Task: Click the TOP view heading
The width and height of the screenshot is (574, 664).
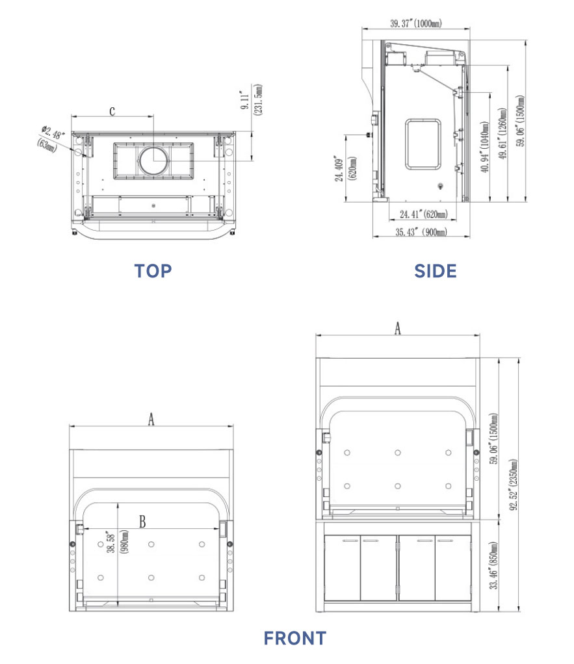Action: pyautogui.click(x=153, y=271)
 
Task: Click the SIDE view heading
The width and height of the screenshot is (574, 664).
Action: pyautogui.click(x=436, y=271)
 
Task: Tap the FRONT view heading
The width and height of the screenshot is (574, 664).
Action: pyautogui.click(x=295, y=638)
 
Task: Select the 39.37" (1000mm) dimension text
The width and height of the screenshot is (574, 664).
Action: pyautogui.click(x=416, y=23)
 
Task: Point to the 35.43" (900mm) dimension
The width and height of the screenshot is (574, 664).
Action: pyautogui.click(x=421, y=232)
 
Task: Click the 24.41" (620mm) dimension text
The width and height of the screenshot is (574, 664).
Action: pyautogui.click(x=423, y=214)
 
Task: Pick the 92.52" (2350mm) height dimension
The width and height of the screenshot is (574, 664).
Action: pyautogui.click(x=513, y=485)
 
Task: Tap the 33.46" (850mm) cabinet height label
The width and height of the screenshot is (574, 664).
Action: pyautogui.click(x=493, y=565)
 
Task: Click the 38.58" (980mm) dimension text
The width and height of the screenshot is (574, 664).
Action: pyautogui.click(x=117, y=542)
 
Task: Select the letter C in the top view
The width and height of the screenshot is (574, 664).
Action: pyautogui.click(x=112, y=111)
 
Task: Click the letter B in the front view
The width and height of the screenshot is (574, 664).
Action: pyautogui.click(x=142, y=522)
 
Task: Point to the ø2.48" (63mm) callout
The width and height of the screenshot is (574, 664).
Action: pyautogui.click(x=51, y=138)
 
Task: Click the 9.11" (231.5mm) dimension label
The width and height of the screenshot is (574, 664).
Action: pyautogui.click(x=252, y=100)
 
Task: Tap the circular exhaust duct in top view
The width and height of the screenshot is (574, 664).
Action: pyautogui.click(x=153, y=160)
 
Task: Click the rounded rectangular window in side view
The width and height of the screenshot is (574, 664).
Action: pyautogui.click(x=423, y=144)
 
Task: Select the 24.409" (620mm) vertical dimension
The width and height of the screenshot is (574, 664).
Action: pyautogui.click(x=345, y=168)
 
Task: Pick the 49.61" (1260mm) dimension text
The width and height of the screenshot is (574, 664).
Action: pyautogui.click(x=502, y=133)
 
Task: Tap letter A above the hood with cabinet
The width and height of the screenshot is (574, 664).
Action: pyautogui.click(x=397, y=328)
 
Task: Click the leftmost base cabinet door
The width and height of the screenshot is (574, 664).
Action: pyautogui.click(x=343, y=567)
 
